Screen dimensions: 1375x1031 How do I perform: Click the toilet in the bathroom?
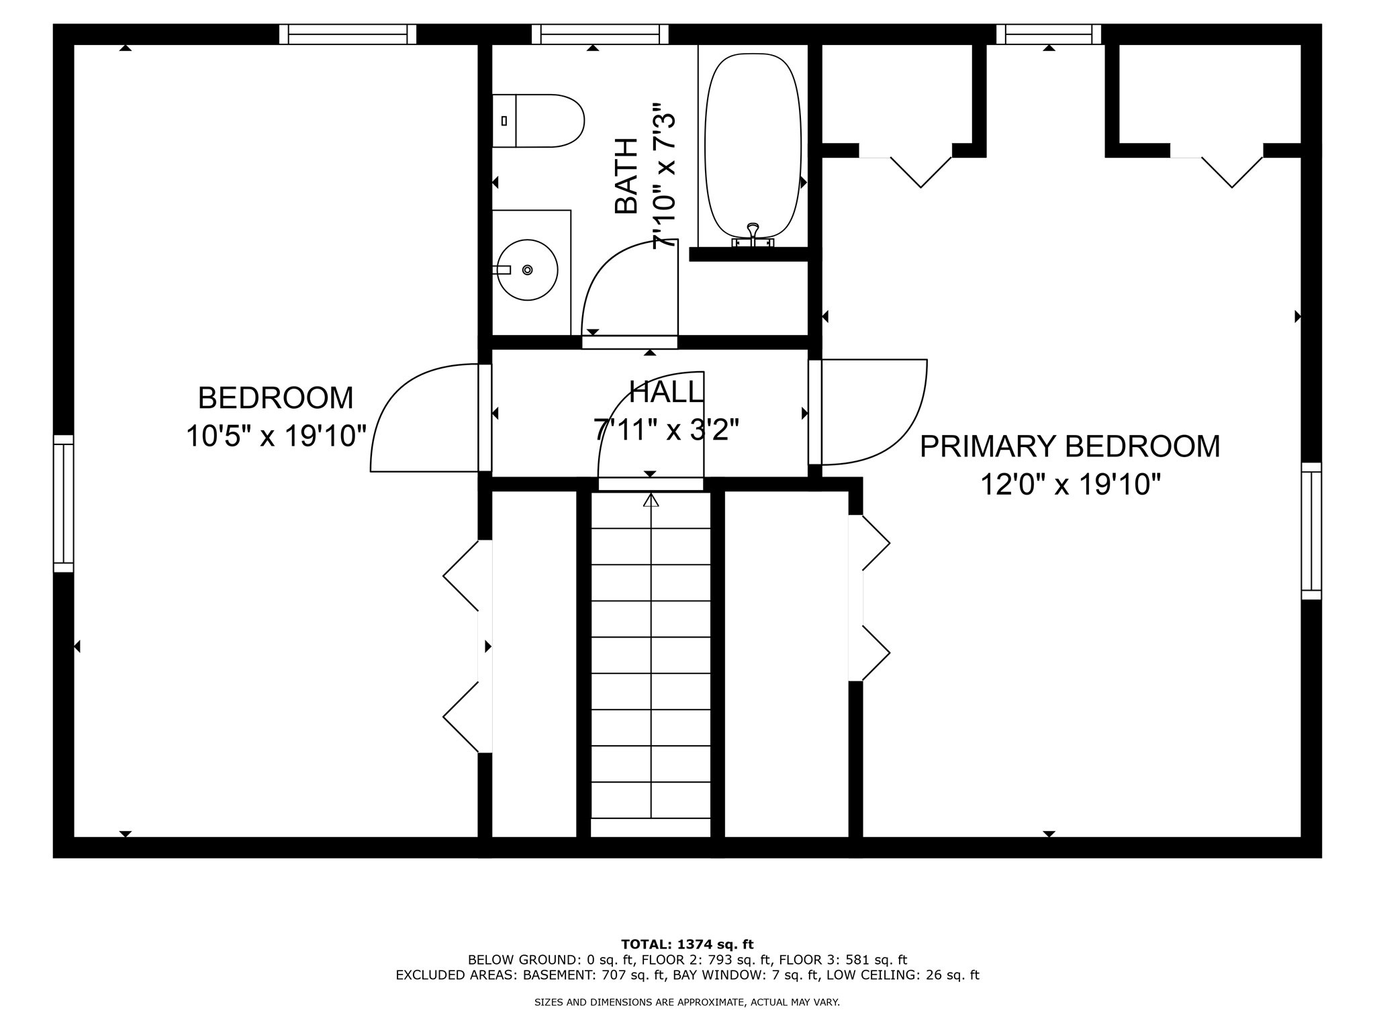pyautogui.click(x=538, y=121)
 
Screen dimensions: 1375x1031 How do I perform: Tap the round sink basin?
pyautogui.click(x=528, y=270)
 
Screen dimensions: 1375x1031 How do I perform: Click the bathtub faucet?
pyautogui.click(x=753, y=236)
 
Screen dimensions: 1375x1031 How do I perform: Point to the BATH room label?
pyautogui.click(x=626, y=176)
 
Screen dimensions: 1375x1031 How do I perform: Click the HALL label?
pyautogui.click(x=666, y=392)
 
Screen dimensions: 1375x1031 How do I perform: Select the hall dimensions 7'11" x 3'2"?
pyautogui.click(x=666, y=430)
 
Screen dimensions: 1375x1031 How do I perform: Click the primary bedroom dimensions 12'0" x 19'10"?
pyautogui.click(x=1070, y=484)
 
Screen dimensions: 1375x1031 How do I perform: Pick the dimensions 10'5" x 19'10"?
pyautogui.click(x=276, y=436)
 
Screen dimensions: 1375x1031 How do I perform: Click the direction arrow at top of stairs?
pyautogui.click(x=650, y=500)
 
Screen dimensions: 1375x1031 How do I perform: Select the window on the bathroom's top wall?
pyautogui.click(x=600, y=34)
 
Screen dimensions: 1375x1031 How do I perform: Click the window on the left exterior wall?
pyautogui.click(x=63, y=503)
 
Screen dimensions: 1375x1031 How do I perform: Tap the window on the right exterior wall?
pyautogui.click(x=1311, y=531)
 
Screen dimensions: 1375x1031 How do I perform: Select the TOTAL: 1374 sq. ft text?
pyautogui.click(x=687, y=945)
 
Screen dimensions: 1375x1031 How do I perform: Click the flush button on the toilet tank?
pyautogui.click(x=504, y=121)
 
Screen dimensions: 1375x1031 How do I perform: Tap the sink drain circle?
pyautogui.click(x=528, y=270)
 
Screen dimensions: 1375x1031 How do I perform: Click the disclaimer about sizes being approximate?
pyautogui.click(x=687, y=1003)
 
